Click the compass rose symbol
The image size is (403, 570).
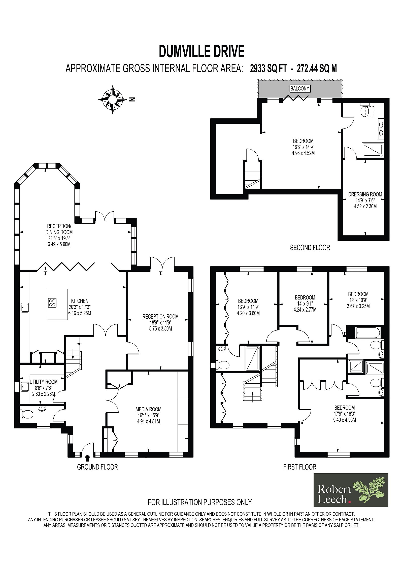tap(112, 99)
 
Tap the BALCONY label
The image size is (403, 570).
tap(299, 88)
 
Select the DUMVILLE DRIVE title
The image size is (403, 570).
tap(201, 51)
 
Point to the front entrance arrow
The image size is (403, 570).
tap(87, 457)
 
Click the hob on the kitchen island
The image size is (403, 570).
tap(52, 302)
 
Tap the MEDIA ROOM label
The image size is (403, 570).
tap(148, 409)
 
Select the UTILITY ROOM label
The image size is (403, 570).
tap(44, 382)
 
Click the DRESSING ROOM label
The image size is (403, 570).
tap(365, 194)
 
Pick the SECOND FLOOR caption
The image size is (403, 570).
tap(310, 248)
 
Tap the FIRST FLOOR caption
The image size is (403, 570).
tap(299, 467)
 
